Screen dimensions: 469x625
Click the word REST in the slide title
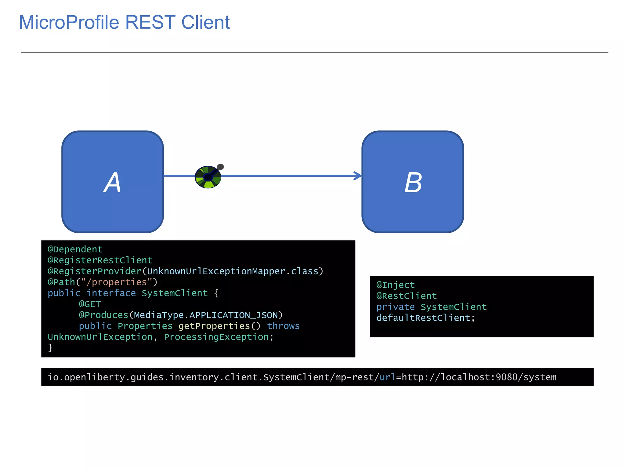(150, 22)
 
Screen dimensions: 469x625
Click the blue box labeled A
(113, 182)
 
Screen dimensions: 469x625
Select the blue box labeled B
(413, 182)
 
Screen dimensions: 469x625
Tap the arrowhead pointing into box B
(358, 176)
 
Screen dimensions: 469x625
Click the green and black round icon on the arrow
(208, 177)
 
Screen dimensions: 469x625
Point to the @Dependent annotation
(75, 249)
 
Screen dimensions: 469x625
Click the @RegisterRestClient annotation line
(100, 260)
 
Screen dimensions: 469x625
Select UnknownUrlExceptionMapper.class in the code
(233, 271)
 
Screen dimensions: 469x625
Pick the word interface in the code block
(111, 293)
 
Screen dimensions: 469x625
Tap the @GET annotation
(90, 304)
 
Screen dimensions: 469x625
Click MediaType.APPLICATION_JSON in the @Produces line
(206, 315)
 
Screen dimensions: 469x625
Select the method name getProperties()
(219, 326)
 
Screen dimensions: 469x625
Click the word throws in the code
(283, 326)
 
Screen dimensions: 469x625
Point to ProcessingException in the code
(216, 337)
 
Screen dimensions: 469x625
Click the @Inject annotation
(396, 285)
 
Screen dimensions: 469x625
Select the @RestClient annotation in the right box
(406, 296)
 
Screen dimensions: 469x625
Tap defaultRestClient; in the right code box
(425, 318)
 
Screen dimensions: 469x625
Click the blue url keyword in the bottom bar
(387, 377)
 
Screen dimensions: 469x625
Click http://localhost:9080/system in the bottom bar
(479, 377)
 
